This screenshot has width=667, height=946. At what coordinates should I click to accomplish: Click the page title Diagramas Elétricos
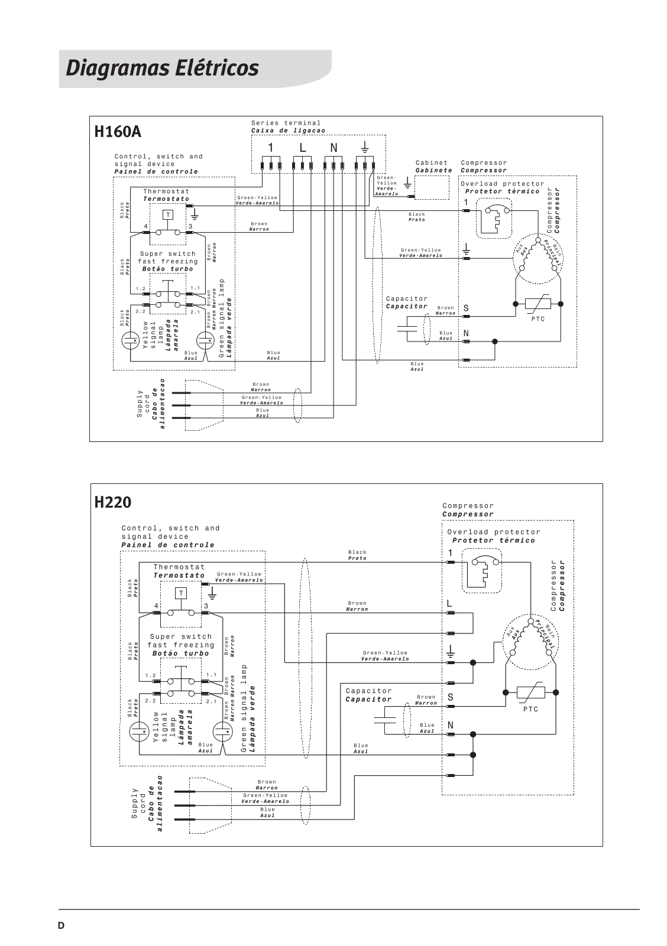[x=162, y=68]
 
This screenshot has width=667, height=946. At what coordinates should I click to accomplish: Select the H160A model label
[x=118, y=132]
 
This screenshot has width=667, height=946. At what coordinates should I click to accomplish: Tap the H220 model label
[x=113, y=503]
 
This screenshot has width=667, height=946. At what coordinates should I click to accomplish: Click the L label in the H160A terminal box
[x=303, y=148]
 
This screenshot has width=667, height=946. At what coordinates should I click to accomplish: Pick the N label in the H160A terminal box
[x=334, y=148]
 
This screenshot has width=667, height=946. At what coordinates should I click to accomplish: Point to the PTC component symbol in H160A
[x=538, y=304]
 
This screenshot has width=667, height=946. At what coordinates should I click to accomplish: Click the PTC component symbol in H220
[x=531, y=692]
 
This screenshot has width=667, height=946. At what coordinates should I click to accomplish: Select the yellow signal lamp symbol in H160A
[x=130, y=340]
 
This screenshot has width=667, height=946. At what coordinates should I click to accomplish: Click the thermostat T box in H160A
[x=168, y=215]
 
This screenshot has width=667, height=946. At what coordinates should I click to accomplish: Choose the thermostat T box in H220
[x=181, y=593]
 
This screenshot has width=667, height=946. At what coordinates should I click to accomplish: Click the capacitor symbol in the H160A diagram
[x=407, y=328]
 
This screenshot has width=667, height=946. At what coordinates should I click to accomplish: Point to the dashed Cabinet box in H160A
[x=432, y=187]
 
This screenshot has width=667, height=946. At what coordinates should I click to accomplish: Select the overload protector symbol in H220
[x=481, y=571]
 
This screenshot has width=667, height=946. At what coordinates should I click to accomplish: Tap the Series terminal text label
[x=286, y=123]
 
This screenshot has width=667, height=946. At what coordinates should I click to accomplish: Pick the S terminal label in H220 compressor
[x=451, y=697]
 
